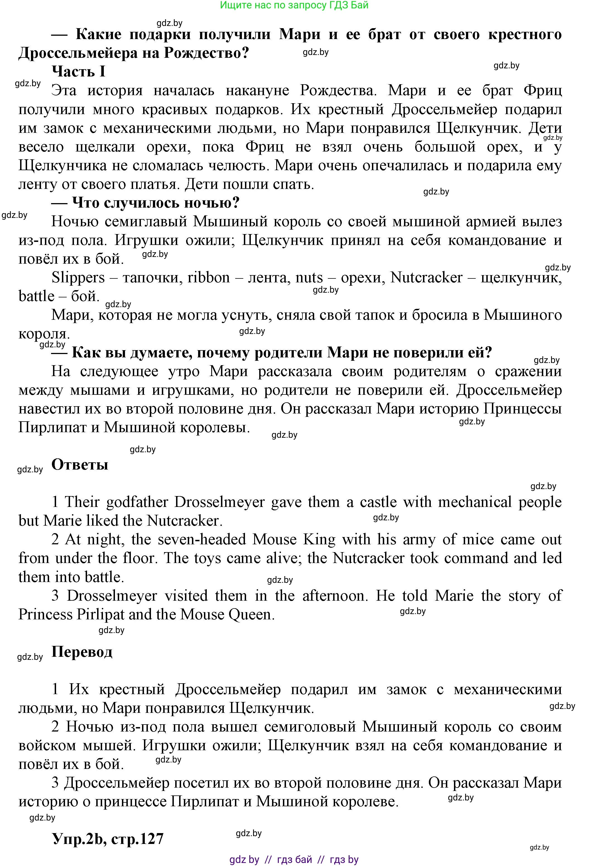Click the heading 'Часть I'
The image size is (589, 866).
78,71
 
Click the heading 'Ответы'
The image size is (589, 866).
80,465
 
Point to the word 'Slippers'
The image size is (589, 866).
78,278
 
